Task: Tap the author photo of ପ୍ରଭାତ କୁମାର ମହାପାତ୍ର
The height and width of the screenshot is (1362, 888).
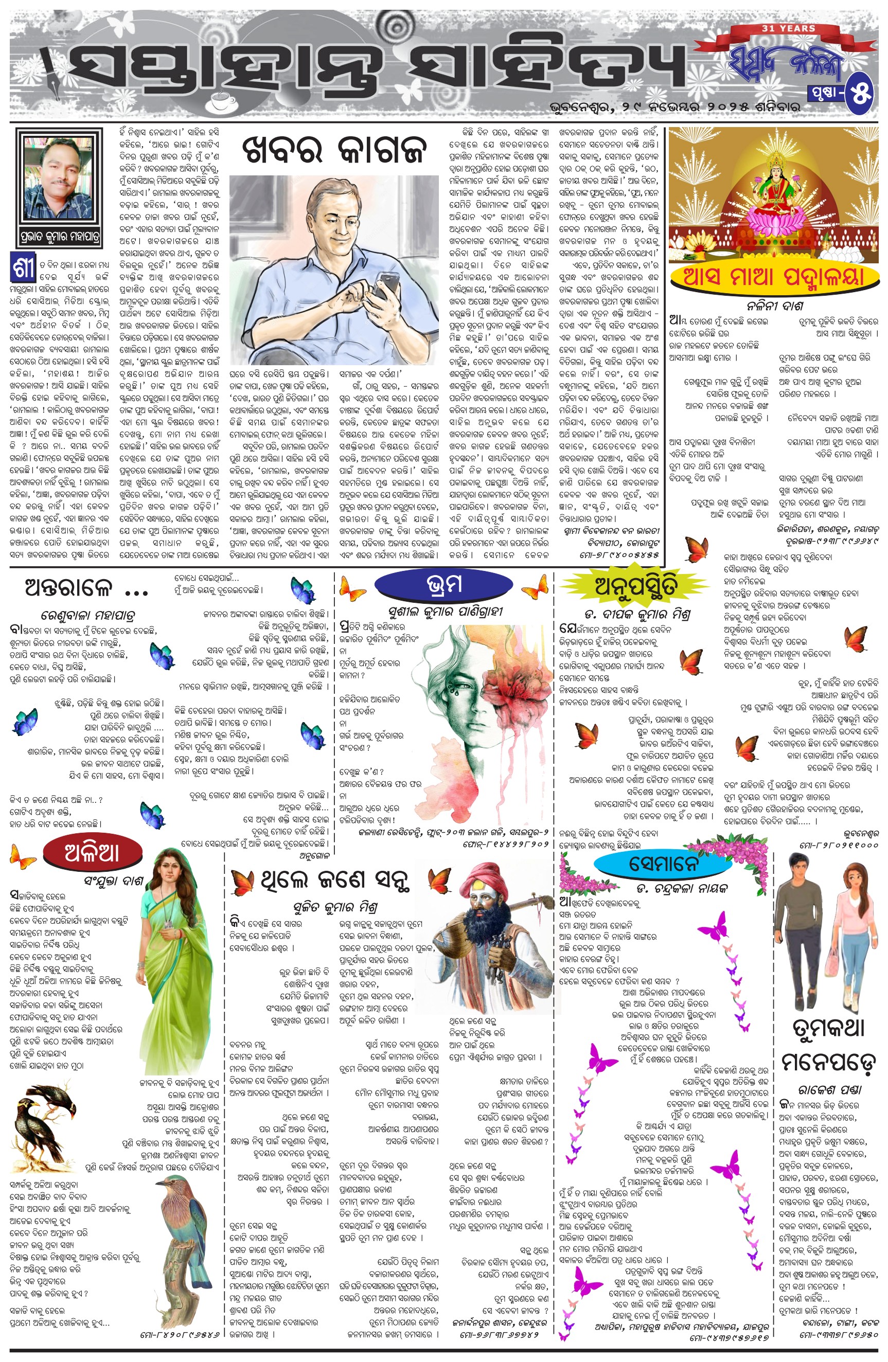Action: pos(58,178)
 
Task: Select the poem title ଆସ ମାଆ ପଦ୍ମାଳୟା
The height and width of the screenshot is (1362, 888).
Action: pos(773,278)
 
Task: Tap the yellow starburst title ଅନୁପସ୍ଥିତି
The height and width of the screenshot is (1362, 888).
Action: pos(636,585)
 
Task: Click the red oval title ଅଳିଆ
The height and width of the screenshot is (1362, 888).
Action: pos(92,853)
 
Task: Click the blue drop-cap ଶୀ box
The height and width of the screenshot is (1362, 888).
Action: pos(24,266)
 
